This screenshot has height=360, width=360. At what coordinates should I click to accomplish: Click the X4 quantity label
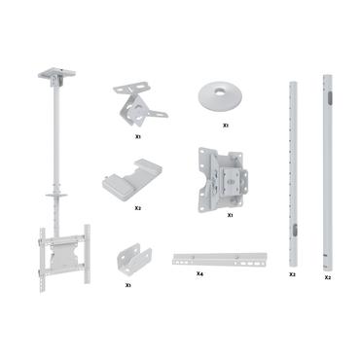[199, 275]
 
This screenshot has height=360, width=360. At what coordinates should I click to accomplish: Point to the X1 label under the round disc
[226, 125]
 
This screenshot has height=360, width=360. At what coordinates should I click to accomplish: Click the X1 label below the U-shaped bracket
[128, 285]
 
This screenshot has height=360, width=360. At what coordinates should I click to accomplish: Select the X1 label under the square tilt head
[230, 214]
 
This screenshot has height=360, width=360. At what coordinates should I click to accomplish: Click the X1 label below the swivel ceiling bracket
[139, 136]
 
